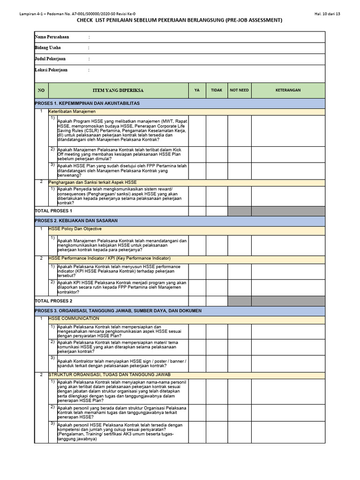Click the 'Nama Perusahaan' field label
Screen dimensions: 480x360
coord(52,37)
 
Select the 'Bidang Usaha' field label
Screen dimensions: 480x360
coord(48,48)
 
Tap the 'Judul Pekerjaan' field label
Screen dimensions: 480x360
coord(50,59)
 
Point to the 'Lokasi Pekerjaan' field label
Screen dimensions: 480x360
coord(51,70)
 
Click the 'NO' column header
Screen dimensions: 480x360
coord(41,90)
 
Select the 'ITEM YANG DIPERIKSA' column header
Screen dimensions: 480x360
coord(118,90)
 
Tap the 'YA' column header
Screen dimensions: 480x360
coord(197,90)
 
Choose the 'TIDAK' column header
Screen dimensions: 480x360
coord(217,90)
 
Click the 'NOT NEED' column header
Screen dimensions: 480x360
coord(239,90)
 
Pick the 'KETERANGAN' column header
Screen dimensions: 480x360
coord(288,90)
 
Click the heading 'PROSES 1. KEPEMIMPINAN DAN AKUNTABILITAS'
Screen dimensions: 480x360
coord(87,103)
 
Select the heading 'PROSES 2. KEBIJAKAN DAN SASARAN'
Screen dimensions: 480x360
coord(76,220)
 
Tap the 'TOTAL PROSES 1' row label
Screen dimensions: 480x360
coord(53,211)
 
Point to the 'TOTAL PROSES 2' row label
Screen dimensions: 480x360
coord(53,301)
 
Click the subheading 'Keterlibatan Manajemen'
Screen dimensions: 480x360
coord(72,112)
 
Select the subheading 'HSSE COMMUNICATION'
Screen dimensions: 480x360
coord(74,319)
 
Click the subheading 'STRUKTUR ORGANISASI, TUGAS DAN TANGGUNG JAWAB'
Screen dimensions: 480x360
coord(110,375)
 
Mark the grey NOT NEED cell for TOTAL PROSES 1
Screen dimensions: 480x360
coord(239,211)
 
